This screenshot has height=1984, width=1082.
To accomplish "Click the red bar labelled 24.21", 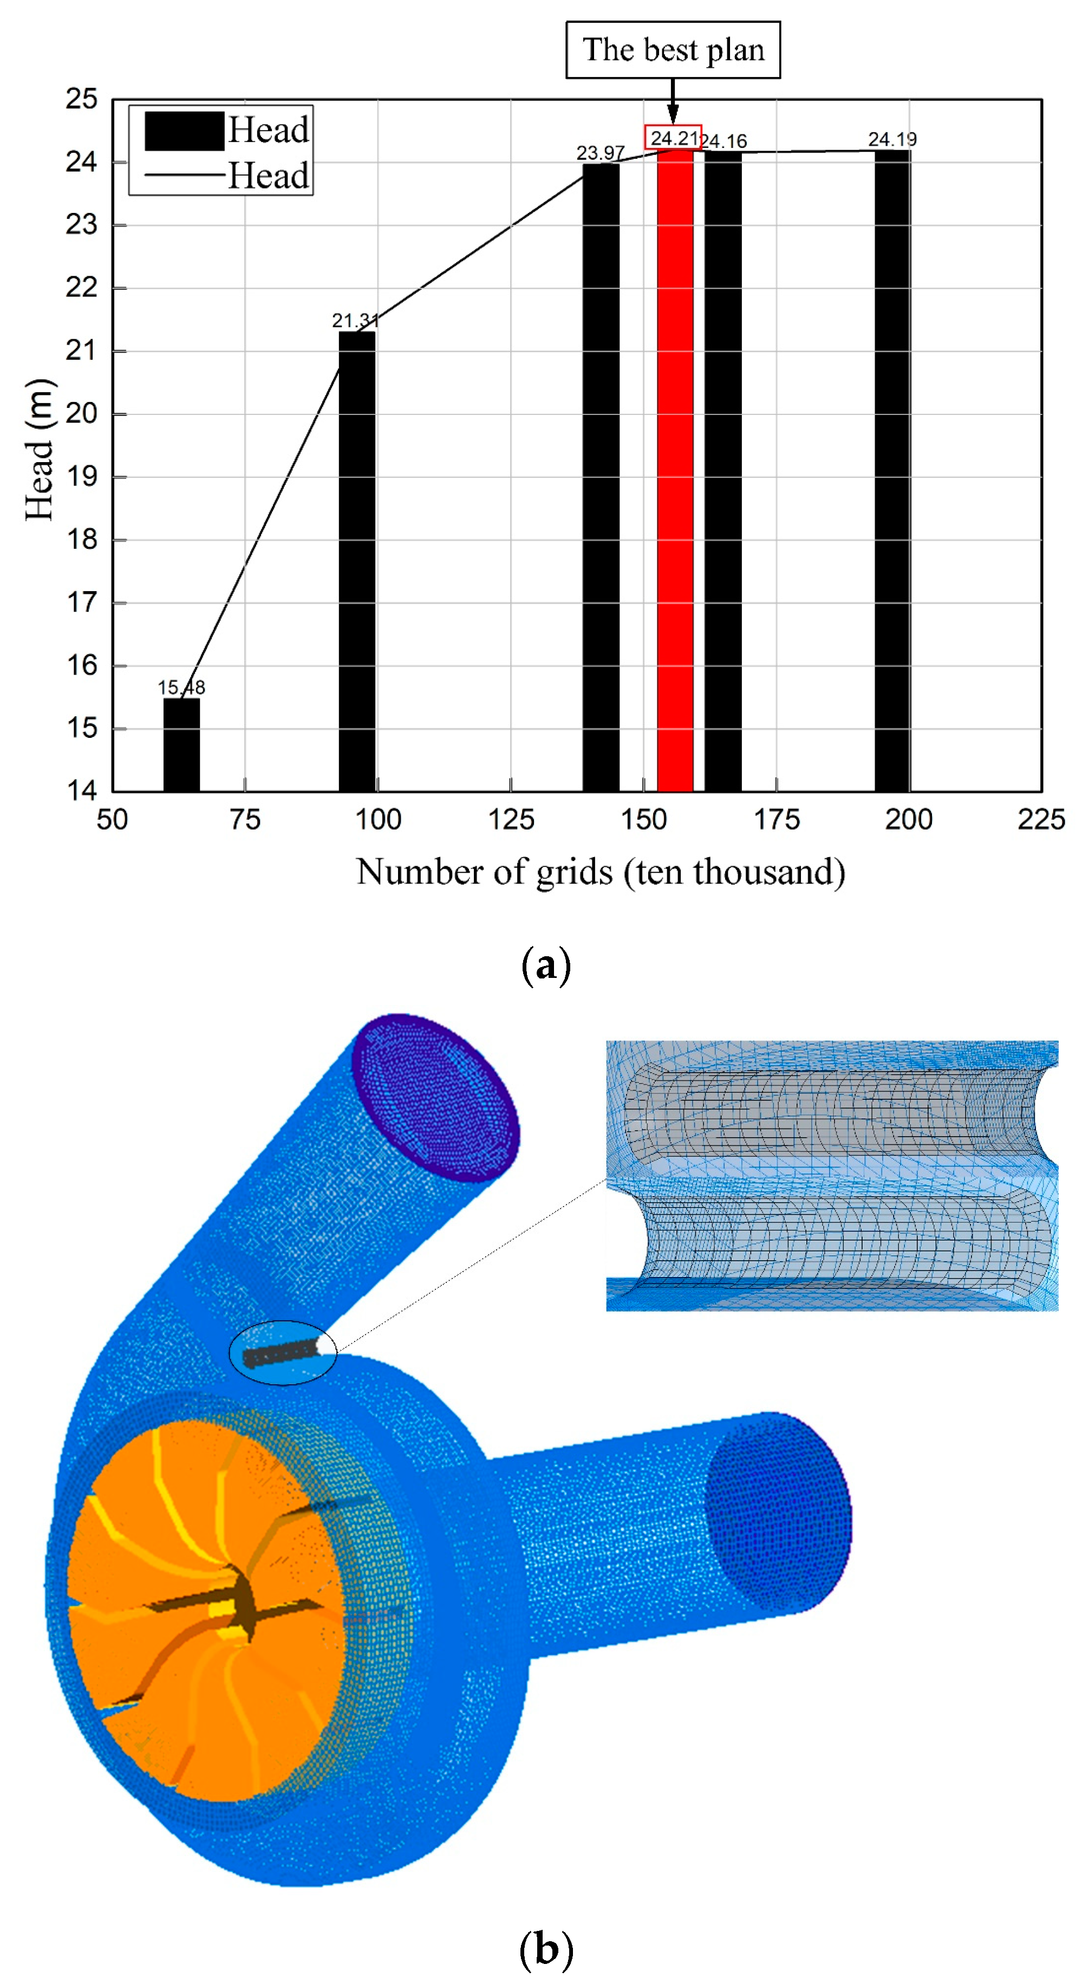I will (x=675, y=470).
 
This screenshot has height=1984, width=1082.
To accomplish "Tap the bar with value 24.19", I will (x=892, y=470).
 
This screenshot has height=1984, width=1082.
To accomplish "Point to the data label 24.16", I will (x=724, y=141).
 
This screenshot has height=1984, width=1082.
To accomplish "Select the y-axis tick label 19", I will (x=81, y=477).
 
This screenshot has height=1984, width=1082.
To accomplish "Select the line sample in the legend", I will (x=184, y=176).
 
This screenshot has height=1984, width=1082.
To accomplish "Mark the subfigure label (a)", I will (x=546, y=964).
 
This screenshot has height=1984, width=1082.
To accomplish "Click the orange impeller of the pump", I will (x=204, y=1610).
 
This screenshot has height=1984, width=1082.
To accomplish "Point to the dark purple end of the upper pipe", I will (x=436, y=1098).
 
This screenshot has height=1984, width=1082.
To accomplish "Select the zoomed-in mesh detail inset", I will (x=832, y=1176).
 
